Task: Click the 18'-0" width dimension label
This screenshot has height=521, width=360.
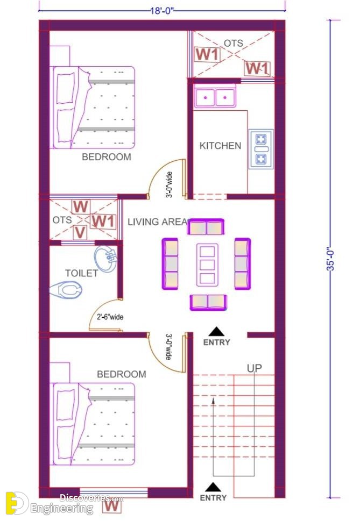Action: coord(162,11)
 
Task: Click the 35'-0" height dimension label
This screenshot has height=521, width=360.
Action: coord(331,259)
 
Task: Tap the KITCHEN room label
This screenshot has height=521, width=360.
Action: coord(221,146)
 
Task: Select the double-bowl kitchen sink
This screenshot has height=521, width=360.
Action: coord(215,97)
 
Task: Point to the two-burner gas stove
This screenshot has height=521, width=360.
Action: coord(262,149)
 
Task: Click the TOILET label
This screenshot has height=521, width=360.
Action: coord(81,273)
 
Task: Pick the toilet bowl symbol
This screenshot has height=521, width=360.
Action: coord(66,290)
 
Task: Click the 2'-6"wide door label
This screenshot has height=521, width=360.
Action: coord(110,317)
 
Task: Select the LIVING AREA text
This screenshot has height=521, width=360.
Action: coord(158,222)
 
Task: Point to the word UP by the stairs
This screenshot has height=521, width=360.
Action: coord(255,368)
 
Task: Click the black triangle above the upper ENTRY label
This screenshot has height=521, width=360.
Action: coord(217,332)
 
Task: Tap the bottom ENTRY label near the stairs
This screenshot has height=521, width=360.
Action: coord(213,498)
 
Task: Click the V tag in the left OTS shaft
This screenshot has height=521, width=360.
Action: coord(80,233)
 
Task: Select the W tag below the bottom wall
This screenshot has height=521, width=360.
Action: coord(112,506)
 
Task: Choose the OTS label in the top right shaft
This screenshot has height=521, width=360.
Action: coord(234,43)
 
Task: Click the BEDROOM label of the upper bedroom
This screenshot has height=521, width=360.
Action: coord(107,157)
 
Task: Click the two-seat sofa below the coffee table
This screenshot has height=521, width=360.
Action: coord(208,302)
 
